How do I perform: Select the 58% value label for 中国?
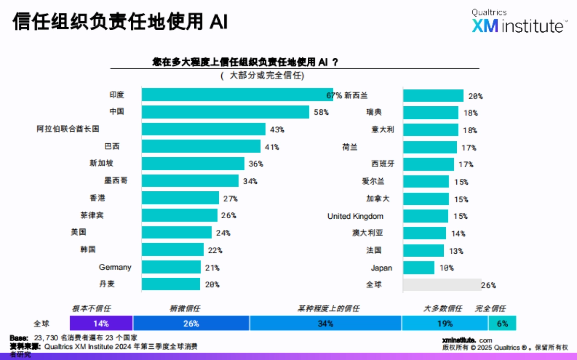(x=321, y=112)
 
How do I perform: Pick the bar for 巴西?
(x=201, y=147)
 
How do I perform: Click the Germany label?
(x=115, y=267)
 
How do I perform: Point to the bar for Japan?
(x=418, y=268)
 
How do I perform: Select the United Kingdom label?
(x=355, y=216)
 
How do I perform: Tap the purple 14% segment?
(x=101, y=323)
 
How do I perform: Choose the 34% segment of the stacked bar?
(x=326, y=323)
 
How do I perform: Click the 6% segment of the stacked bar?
(x=502, y=323)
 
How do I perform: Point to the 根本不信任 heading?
(x=91, y=309)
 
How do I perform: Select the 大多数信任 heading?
(x=442, y=309)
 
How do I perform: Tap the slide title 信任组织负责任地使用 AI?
(x=120, y=22)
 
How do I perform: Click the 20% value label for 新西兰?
(x=475, y=96)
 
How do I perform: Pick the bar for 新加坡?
(x=193, y=163)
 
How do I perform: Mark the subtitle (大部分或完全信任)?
(x=263, y=75)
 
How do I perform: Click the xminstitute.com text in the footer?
(x=466, y=340)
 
